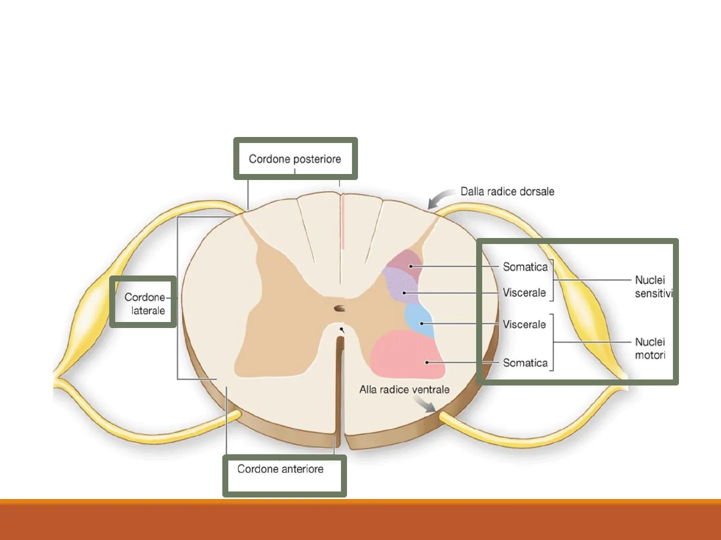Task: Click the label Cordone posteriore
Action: click(295, 159)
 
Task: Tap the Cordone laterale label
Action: click(145, 303)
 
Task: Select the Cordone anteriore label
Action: click(280, 469)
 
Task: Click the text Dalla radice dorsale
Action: click(507, 191)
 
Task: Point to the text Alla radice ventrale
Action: click(404, 389)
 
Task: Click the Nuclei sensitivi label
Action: click(652, 286)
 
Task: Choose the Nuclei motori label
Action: click(650, 348)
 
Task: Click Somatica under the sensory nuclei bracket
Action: click(525, 267)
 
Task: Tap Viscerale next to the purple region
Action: click(524, 292)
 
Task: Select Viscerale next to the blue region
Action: click(524, 324)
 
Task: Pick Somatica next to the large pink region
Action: click(525, 363)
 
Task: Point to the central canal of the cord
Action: click(340, 308)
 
